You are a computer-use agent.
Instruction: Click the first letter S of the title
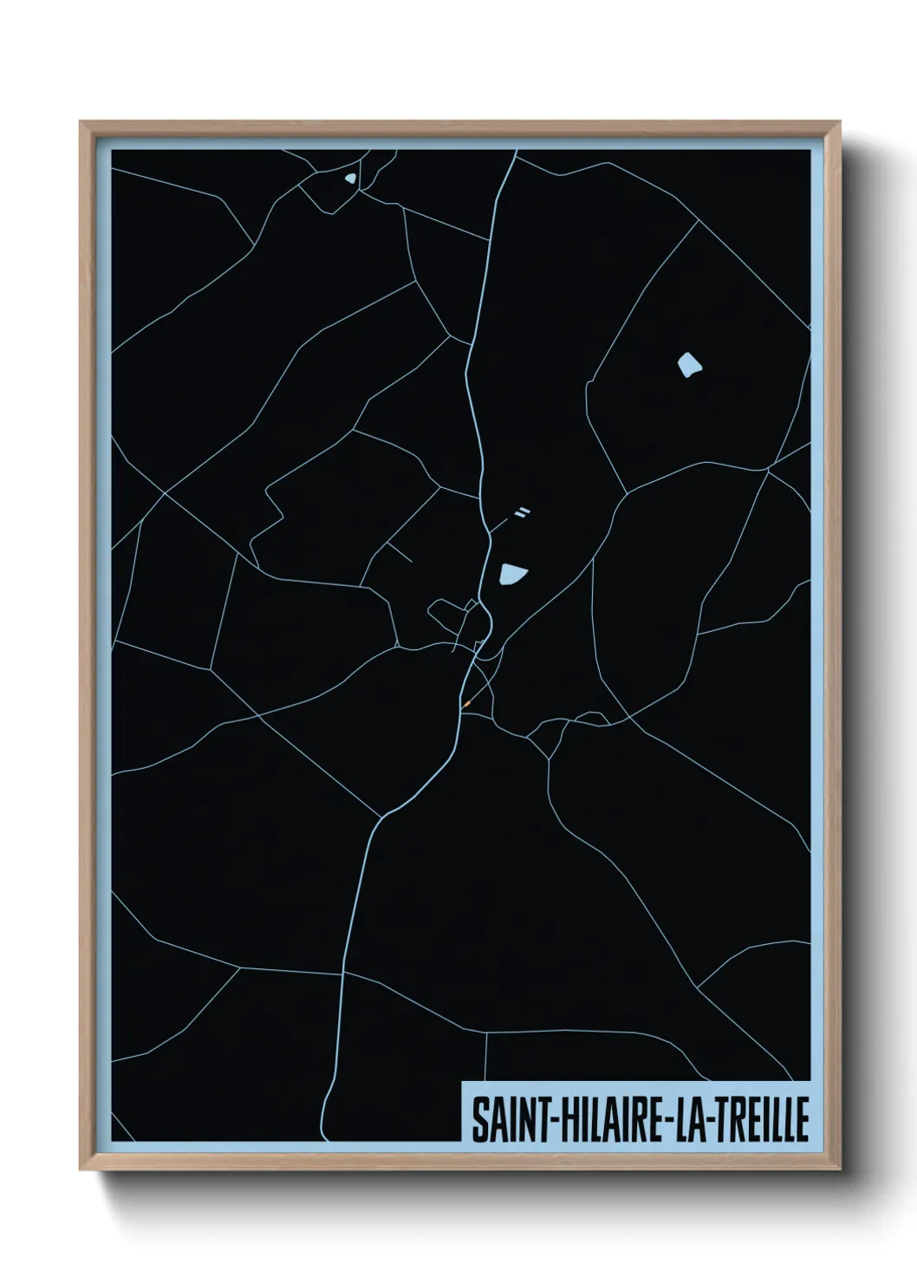click(478, 1120)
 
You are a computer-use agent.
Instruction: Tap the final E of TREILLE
click(803, 1120)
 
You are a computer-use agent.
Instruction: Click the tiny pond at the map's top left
click(349, 179)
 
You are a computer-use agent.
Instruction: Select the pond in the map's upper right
click(689, 365)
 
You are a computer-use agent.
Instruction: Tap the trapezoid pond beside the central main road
click(511, 573)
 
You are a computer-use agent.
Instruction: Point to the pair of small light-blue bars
click(522, 512)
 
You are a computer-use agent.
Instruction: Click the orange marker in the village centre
click(466, 704)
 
